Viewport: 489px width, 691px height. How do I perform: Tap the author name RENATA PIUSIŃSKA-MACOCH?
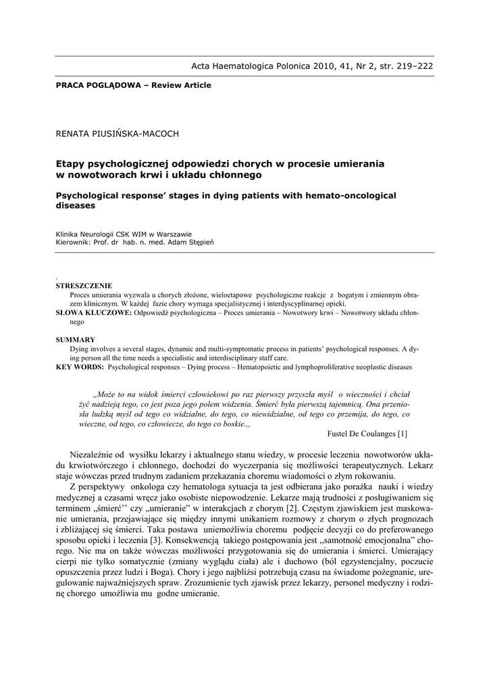coord(117,134)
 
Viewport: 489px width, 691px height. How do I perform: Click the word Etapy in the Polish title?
coord(69,164)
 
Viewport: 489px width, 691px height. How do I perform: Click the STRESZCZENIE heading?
coord(84,285)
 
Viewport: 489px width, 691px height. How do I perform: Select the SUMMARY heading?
coord(76,339)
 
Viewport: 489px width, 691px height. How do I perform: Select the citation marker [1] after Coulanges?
coord(403,433)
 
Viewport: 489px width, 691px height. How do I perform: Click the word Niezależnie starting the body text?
coord(91,455)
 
